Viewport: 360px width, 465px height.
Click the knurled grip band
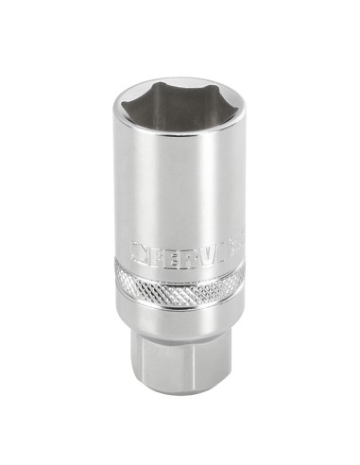click(x=180, y=284)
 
